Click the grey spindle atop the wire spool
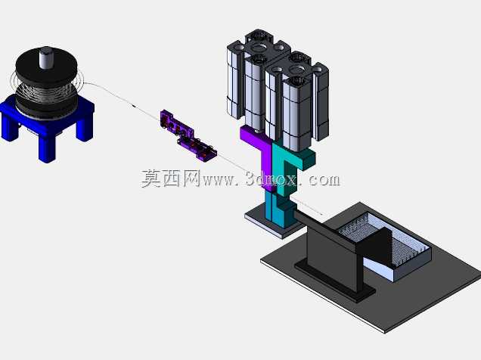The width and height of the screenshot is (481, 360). click(46, 58)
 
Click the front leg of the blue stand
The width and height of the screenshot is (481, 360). click(47, 148)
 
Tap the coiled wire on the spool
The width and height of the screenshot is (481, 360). click(45, 92)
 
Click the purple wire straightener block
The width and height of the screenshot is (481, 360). click(188, 135)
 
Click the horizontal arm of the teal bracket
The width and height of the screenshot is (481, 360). click(303, 159)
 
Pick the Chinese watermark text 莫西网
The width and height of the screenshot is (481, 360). click(171, 178)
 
